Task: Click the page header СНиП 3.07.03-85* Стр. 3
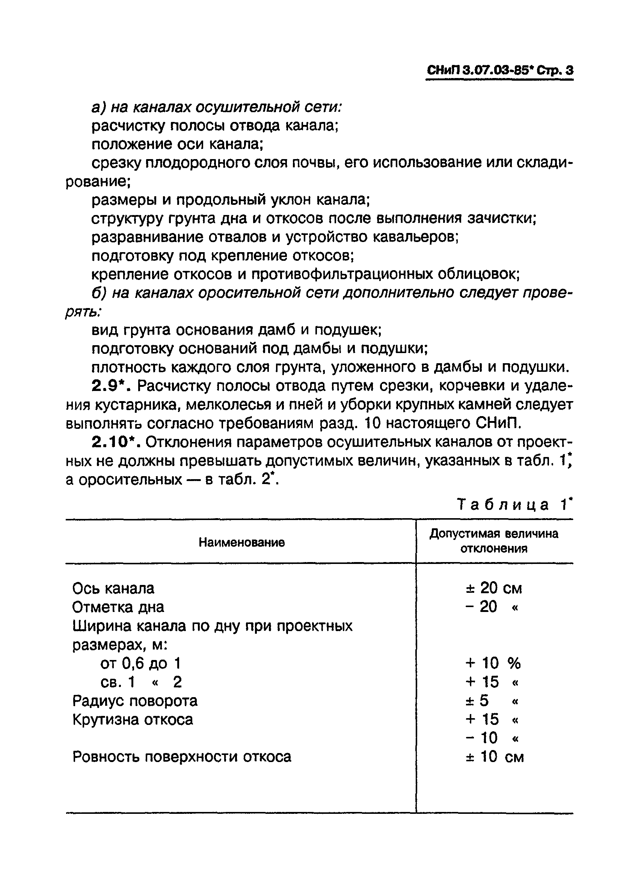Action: pos(499,71)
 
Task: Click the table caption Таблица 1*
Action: pos(514,504)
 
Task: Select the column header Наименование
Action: pos(241,543)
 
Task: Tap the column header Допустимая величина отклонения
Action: pos(494,541)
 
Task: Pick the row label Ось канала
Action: pos(113,588)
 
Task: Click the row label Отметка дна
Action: pos(118,607)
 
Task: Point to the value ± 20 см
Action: pos(493,588)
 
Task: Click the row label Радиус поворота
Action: pos(135,701)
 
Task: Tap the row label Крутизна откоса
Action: pos(133,719)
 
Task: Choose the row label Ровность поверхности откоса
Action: pos(182,756)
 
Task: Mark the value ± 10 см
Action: pos(495,756)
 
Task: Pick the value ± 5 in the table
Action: pos(477,701)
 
